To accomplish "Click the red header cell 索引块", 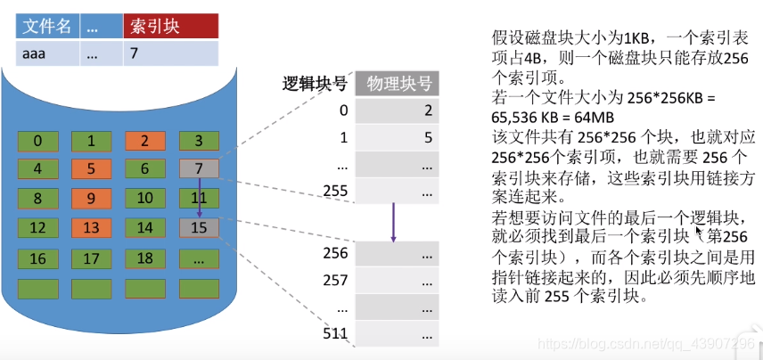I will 169,27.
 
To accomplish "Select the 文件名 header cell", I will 45,27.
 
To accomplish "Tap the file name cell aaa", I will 45,53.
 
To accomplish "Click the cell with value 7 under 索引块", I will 169,53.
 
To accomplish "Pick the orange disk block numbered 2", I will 144,141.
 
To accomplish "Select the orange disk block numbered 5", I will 91,169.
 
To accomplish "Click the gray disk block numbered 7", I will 198,169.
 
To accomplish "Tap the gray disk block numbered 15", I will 198,228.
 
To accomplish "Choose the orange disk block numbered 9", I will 91,199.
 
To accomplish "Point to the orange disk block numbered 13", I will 91,228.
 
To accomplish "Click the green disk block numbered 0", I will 37,141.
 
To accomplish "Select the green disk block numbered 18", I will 144,258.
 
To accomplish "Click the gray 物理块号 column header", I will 398,85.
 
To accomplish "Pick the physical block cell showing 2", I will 398,110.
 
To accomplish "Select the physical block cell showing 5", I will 398,138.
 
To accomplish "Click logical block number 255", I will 334,190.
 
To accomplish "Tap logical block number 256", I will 334,252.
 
